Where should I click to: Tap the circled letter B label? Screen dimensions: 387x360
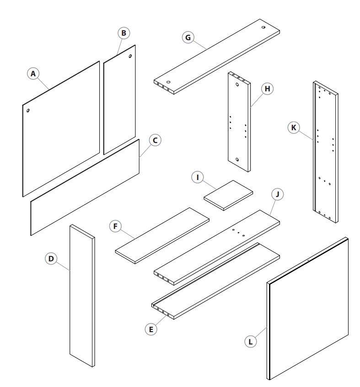(x=124, y=33)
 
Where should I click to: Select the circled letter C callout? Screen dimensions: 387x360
(x=155, y=141)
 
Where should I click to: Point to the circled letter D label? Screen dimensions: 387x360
(x=51, y=259)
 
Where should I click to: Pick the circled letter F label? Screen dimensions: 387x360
(x=115, y=226)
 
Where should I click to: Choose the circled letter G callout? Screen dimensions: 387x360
(x=187, y=37)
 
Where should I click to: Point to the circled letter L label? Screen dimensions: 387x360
(x=250, y=340)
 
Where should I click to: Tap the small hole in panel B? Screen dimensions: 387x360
(x=130, y=57)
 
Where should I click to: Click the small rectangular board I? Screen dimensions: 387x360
(x=228, y=195)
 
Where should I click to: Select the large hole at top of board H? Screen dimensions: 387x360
(x=237, y=85)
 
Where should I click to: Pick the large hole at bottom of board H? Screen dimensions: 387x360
(x=237, y=159)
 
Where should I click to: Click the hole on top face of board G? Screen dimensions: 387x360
(x=264, y=27)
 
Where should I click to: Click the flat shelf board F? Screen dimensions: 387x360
(x=162, y=234)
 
